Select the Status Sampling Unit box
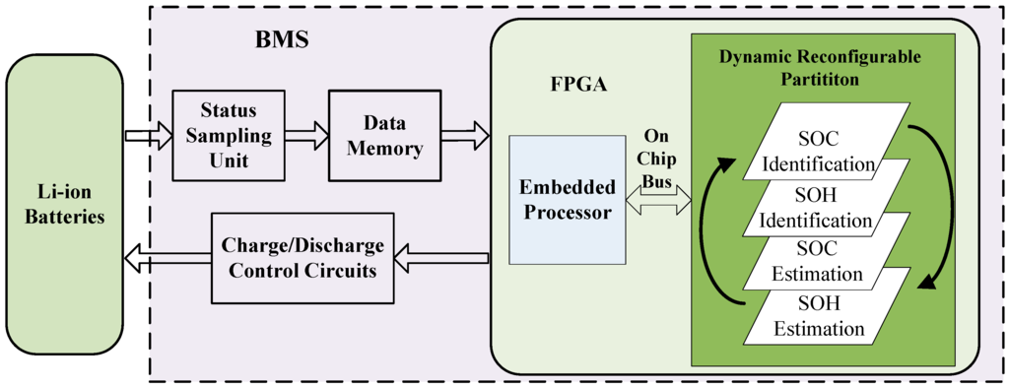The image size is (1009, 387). tap(228, 135)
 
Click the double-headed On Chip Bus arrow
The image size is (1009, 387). tap(658, 202)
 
